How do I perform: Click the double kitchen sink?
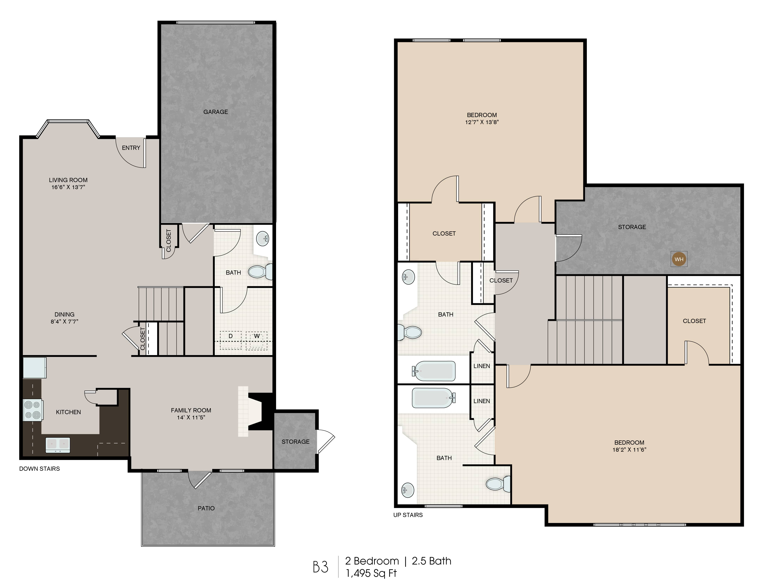click(x=58, y=445)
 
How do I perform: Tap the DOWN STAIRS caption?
click(x=40, y=469)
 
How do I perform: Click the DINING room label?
click(x=64, y=314)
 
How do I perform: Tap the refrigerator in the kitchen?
click(x=34, y=368)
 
